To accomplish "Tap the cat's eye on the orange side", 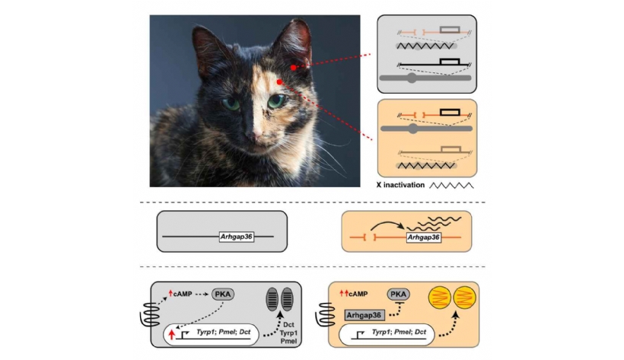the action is click(x=276, y=100).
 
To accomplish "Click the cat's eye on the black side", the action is click(x=231, y=104).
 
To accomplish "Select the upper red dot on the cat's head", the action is click(x=293, y=68).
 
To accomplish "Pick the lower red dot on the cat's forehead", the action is click(x=279, y=82).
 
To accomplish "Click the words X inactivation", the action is click(x=400, y=185).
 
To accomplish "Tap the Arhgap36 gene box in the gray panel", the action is click(x=237, y=237).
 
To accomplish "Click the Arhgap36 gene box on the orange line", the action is click(x=423, y=237).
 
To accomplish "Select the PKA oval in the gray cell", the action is click(x=223, y=294).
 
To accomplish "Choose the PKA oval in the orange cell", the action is click(x=398, y=295).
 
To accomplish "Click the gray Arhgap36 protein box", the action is click(x=364, y=315).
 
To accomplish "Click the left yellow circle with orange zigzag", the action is click(x=439, y=298).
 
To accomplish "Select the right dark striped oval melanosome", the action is click(x=287, y=299).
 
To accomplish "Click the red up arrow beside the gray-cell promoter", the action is click(x=171, y=334).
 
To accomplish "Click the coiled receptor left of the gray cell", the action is click(x=150, y=314).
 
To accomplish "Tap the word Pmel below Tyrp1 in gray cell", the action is click(x=288, y=341).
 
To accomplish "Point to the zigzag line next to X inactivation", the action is click(x=451, y=185).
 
